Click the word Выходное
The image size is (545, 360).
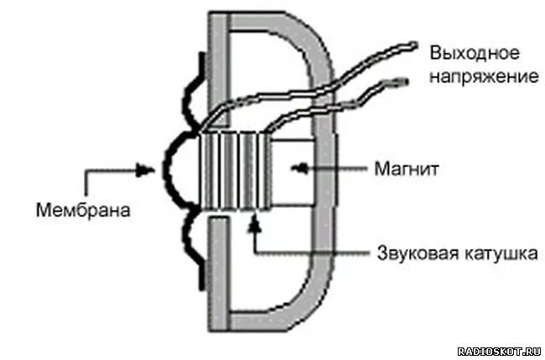click(474, 52)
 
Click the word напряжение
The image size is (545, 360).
click(484, 76)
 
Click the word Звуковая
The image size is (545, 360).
click(406, 252)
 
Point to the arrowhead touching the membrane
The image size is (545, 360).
click(148, 170)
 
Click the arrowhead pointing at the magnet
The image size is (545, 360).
click(295, 170)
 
